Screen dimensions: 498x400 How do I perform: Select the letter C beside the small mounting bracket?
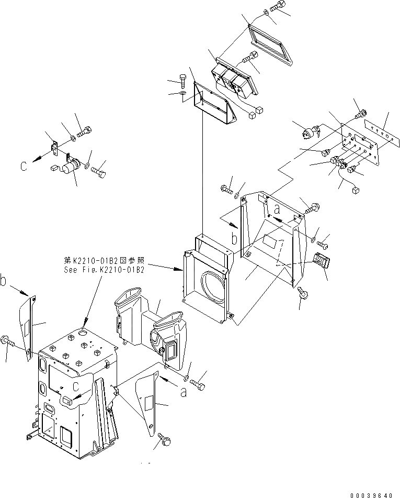click(x=24, y=166)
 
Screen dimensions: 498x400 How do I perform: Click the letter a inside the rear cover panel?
click(x=277, y=208)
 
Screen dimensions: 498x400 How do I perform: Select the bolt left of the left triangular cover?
click(x=9, y=341)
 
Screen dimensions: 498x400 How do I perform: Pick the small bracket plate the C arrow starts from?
click(x=54, y=149)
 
